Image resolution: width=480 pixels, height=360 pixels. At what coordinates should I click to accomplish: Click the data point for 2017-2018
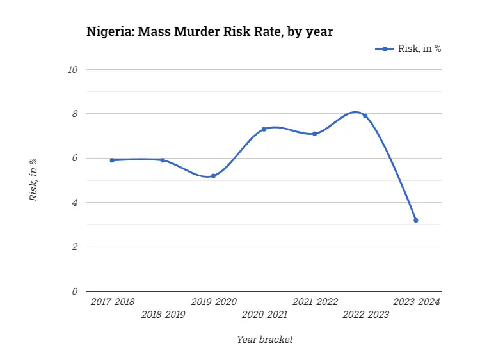(112, 160)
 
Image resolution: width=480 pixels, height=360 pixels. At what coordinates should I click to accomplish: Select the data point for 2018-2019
(163, 160)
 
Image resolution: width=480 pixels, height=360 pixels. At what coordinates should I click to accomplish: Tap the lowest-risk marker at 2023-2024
(416, 220)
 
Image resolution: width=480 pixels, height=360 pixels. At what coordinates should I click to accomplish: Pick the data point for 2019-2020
(213, 176)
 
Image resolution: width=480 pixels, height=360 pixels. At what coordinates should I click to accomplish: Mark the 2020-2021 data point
(264, 129)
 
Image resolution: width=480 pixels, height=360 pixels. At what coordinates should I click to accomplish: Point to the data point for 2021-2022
(315, 134)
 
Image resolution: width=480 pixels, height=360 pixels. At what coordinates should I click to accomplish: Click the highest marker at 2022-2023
(365, 116)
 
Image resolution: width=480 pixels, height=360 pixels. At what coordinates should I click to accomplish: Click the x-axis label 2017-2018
(112, 301)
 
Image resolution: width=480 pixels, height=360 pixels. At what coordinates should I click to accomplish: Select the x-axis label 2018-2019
(163, 315)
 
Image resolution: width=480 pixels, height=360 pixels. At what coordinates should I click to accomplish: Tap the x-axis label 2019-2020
(214, 301)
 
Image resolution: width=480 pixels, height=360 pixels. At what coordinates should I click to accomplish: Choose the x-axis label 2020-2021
(264, 315)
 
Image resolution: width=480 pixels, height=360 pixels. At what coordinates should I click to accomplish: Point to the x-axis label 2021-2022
(315, 301)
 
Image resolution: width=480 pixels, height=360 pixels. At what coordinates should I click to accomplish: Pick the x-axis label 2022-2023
(365, 315)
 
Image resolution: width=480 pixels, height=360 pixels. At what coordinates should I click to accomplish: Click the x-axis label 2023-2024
(417, 301)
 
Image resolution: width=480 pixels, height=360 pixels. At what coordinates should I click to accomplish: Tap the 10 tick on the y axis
(72, 69)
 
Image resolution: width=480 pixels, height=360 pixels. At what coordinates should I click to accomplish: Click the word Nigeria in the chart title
(108, 31)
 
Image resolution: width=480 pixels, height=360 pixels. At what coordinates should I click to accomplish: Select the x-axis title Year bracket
(264, 340)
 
